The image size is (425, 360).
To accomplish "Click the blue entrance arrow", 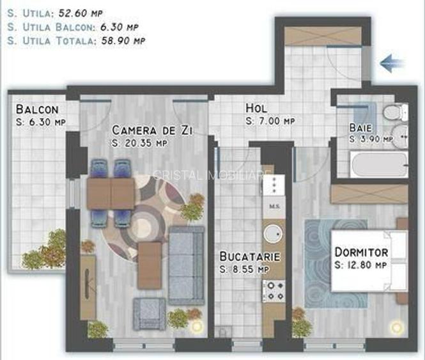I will (x=392, y=63).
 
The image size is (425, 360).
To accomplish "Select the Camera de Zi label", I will (x=152, y=130).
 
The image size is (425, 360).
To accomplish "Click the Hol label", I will (x=256, y=109).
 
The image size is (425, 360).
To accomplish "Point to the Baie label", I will (x=361, y=127).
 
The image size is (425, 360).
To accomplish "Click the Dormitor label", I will (x=362, y=253).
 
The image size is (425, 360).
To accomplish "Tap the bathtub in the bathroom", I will (x=378, y=166).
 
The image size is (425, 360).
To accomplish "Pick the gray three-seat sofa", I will (x=186, y=264).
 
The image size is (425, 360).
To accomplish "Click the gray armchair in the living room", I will (x=149, y=313).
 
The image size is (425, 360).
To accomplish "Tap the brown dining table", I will (x=111, y=191).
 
